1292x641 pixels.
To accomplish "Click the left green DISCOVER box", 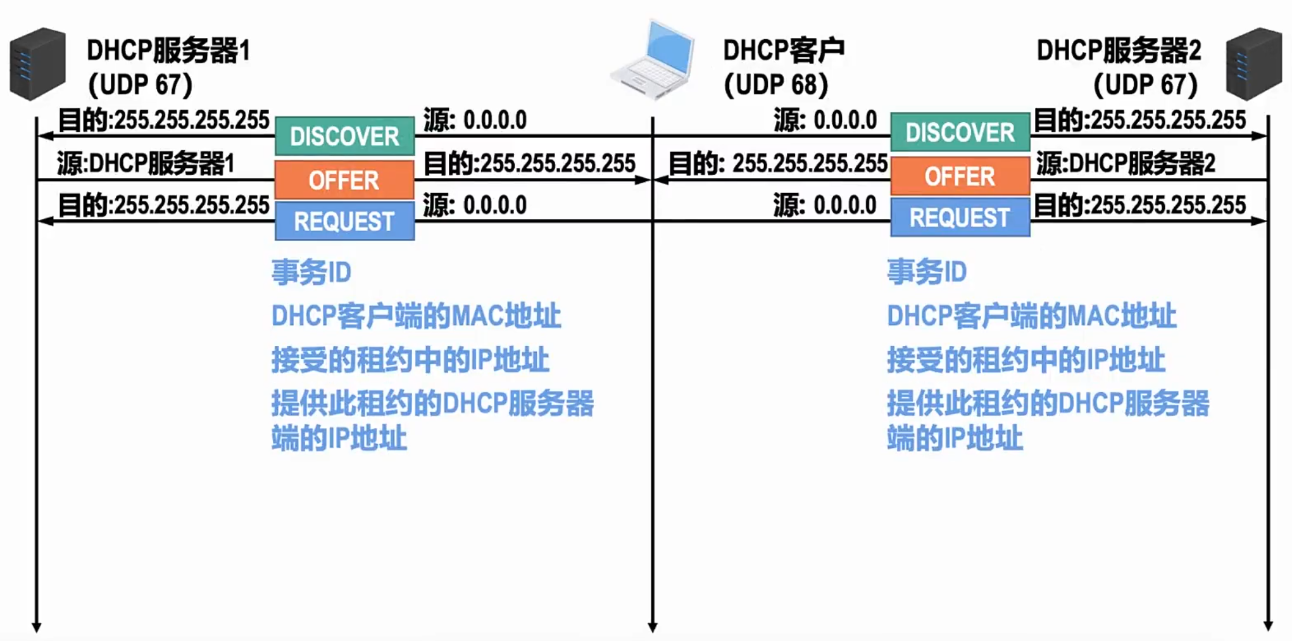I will [x=344, y=136].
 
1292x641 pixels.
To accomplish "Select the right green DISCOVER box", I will [x=960, y=132].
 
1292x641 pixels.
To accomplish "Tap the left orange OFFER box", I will [x=344, y=180].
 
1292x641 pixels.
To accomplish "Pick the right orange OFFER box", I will [x=960, y=176].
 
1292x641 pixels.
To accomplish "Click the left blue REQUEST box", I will [x=344, y=221].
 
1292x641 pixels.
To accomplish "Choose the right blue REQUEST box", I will [x=960, y=217].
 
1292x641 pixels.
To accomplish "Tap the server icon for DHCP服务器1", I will [x=38, y=63].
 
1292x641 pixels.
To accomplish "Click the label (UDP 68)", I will [x=775, y=85].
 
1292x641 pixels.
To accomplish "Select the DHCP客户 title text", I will [x=784, y=50].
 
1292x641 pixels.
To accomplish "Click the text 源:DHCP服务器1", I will [x=146, y=163].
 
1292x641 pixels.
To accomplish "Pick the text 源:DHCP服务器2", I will [x=1126, y=163].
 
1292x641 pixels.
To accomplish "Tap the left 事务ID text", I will [x=311, y=272].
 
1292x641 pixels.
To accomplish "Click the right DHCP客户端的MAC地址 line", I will [x=1031, y=316].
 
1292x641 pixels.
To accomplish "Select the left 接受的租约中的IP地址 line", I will [x=410, y=360].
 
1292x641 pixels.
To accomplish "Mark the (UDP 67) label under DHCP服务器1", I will [x=140, y=85].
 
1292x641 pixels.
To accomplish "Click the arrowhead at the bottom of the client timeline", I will [x=653, y=627].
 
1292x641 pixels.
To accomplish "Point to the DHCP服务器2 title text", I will [x=1119, y=50].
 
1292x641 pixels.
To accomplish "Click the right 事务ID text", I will [x=927, y=272].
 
